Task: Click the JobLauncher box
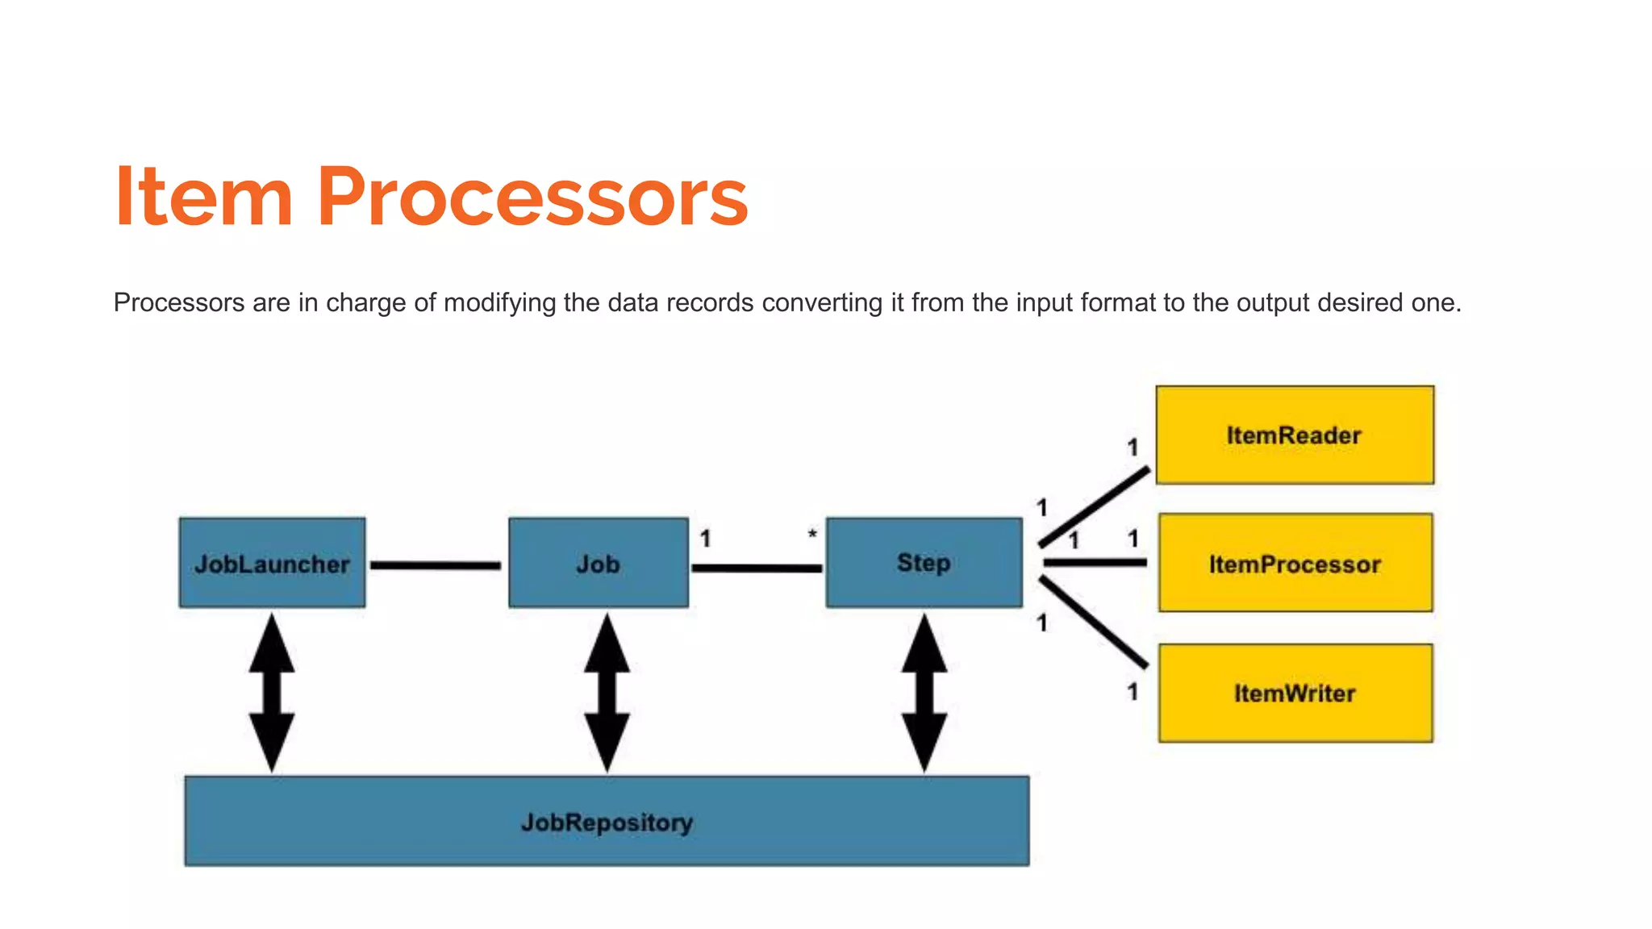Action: tap(272, 563)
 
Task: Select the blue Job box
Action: tap(598, 563)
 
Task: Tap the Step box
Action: tap(924, 563)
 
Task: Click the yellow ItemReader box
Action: tap(1294, 435)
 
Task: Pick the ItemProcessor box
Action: tap(1295, 564)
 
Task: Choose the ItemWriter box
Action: tap(1295, 694)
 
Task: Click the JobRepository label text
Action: tap(607, 823)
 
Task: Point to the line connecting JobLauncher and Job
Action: tap(436, 565)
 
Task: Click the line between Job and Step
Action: tap(757, 569)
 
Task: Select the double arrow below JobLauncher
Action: tap(272, 692)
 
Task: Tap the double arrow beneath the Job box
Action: tap(607, 692)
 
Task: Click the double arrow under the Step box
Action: tap(924, 692)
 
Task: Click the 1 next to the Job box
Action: tap(705, 539)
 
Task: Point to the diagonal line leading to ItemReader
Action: tap(1095, 506)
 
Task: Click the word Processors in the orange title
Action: tap(532, 197)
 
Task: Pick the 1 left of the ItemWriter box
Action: tap(1133, 692)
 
